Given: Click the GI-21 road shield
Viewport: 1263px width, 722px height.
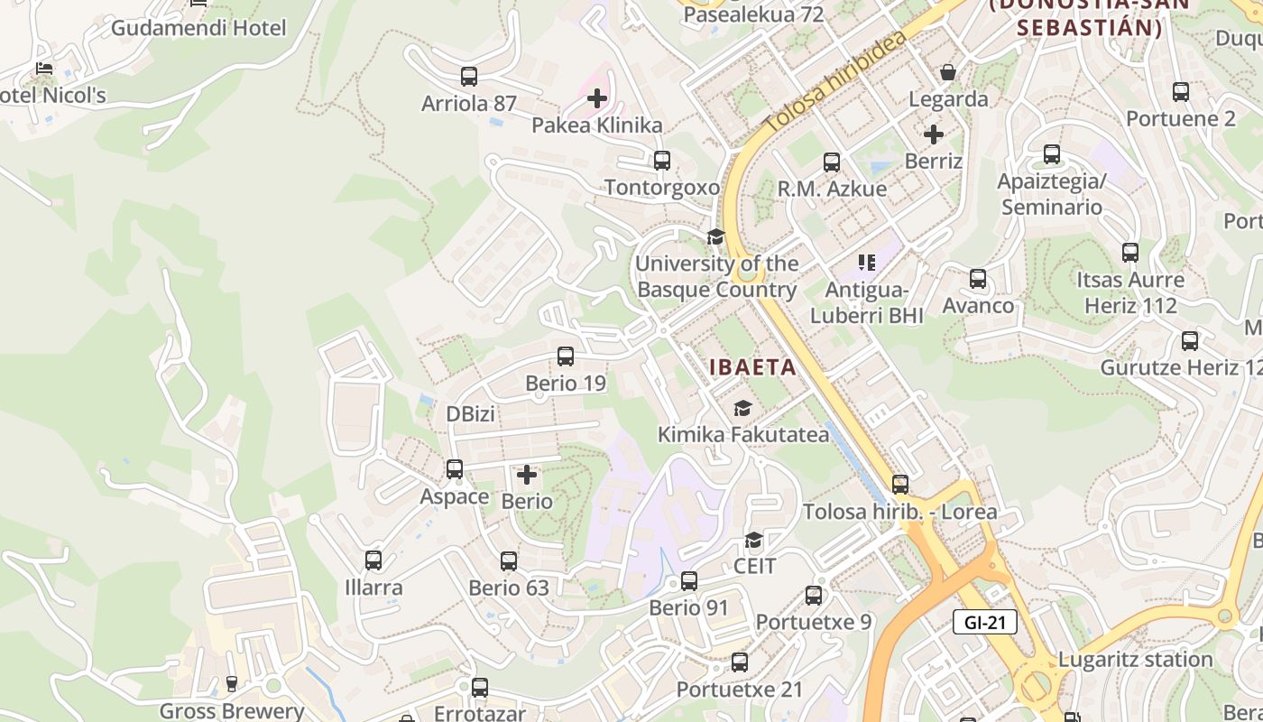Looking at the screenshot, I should pyautogui.click(x=984, y=622).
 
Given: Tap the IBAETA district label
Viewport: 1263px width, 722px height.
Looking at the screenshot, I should pyautogui.click(x=753, y=367).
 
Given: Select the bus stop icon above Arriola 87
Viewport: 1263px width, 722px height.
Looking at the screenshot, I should pyautogui.click(x=468, y=77).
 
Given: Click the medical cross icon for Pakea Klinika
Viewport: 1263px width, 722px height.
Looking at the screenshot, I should pyautogui.click(x=597, y=98).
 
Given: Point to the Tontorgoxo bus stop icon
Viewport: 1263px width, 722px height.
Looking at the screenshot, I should pyautogui.click(x=662, y=161).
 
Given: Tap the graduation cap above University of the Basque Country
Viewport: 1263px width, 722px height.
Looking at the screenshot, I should pyautogui.click(x=715, y=237).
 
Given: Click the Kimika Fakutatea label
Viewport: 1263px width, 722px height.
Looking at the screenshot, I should pyautogui.click(x=742, y=434).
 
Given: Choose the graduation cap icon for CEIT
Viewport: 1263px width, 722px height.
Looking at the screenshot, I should pyautogui.click(x=753, y=541).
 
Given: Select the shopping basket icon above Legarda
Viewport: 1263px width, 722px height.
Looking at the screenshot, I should pyautogui.click(x=948, y=72).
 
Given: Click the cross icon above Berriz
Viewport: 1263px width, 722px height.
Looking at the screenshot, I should pyautogui.click(x=934, y=134).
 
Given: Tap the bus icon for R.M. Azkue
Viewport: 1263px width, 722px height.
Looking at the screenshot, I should pyautogui.click(x=832, y=162).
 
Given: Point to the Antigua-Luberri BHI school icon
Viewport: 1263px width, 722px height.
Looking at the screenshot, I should pyautogui.click(x=867, y=263).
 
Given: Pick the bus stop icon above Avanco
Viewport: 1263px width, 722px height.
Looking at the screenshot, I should pyautogui.click(x=978, y=279).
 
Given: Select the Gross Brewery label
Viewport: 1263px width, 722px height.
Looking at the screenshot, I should pyautogui.click(x=232, y=710).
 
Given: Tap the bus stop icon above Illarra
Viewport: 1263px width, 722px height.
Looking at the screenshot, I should pyautogui.click(x=373, y=560).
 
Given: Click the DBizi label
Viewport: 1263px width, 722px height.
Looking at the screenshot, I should pyautogui.click(x=471, y=414).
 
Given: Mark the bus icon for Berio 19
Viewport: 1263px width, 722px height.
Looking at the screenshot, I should pyautogui.click(x=566, y=356).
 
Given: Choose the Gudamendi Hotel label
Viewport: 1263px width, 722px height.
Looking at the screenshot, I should pyautogui.click(x=198, y=28).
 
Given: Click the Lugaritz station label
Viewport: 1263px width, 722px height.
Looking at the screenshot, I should pyautogui.click(x=1135, y=659).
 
